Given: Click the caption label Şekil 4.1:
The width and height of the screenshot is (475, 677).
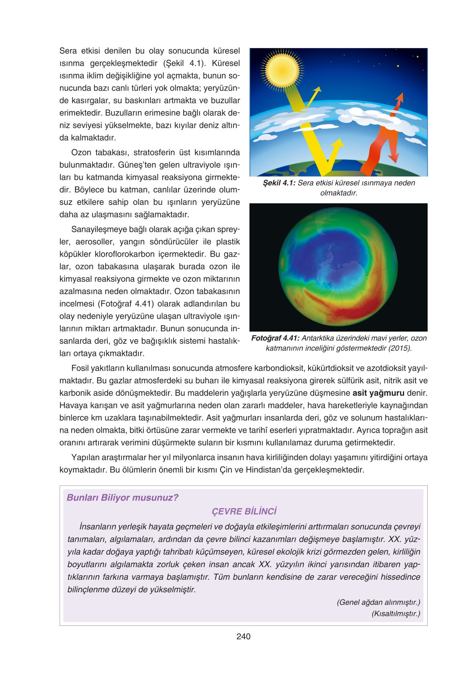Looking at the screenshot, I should pyautogui.click(x=279, y=183).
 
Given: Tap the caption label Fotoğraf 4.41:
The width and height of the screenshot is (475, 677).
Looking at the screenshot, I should pyautogui.click(x=275, y=338).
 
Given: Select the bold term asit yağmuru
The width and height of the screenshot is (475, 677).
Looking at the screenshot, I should pyautogui.click(x=378, y=393).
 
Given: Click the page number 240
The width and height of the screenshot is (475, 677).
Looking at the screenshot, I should pyautogui.click(x=243, y=636).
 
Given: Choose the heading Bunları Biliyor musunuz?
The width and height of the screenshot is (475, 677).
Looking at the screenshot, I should pyautogui.click(x=122, y=498).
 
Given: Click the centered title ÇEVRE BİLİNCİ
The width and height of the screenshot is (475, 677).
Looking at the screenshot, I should pyautogui.click(x=244, y=511).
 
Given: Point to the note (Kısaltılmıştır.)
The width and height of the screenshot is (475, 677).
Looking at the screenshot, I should pyautogui.click(x=395, y=614).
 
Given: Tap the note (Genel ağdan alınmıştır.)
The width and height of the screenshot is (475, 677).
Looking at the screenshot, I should pyautogui.click(x=378, y=602).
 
